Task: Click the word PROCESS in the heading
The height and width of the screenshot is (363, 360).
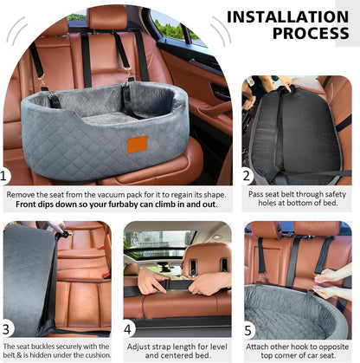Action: click(311, 34)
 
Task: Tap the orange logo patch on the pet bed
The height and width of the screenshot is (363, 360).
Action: click(138, 143)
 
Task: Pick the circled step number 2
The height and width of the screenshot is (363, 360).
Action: click(247, 176)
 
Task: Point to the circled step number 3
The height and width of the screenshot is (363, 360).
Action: click(9, 328)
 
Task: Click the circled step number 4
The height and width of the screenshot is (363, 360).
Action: click(128, 328)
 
